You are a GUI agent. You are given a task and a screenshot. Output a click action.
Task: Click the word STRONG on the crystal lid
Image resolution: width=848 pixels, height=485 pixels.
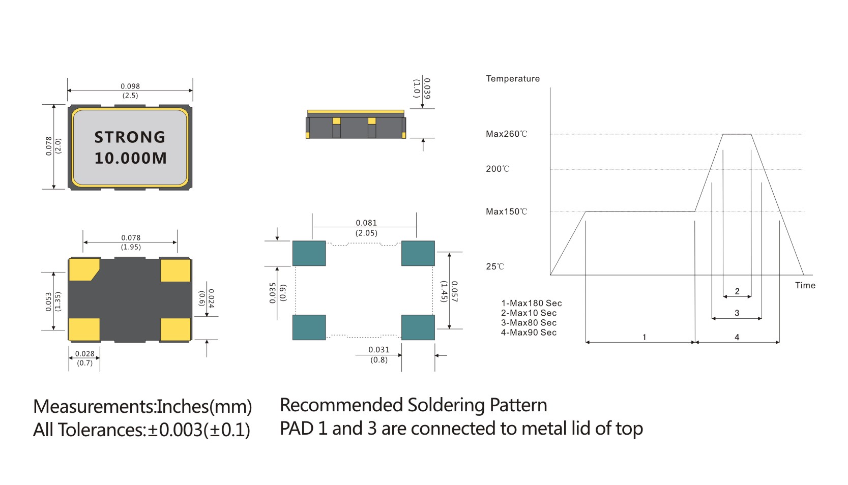tap(130, 137)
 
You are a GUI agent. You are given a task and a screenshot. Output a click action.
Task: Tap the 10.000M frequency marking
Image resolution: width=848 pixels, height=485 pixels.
tap(130, 158)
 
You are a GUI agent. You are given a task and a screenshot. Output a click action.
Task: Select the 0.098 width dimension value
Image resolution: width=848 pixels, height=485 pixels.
tap(130, 86)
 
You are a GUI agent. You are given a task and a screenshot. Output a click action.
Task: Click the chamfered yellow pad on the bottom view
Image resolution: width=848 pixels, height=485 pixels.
tap(83, 269)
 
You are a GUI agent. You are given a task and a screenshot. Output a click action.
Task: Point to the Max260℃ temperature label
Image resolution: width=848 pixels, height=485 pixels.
tap(506, 134)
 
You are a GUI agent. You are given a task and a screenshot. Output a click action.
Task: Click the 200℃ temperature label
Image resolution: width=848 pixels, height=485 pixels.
tap(497, 169)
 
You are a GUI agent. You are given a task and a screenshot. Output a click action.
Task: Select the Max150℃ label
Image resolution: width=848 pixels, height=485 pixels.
tap(506, 211)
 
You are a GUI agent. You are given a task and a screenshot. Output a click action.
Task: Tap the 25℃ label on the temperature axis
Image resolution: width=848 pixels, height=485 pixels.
tap(494, 266)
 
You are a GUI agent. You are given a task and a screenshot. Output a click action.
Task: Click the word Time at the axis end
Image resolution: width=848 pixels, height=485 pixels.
tap(805, 285)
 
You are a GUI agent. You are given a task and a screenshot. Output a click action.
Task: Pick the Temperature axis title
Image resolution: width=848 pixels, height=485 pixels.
tap(512, 79)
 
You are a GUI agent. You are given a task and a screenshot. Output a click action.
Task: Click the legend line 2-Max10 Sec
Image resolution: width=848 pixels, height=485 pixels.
tap(529, 313)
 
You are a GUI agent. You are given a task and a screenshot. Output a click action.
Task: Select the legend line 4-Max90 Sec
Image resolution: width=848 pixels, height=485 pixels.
tap(529, 332)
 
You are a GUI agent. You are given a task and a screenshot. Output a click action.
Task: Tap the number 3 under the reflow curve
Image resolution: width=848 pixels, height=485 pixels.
tap(737, 313)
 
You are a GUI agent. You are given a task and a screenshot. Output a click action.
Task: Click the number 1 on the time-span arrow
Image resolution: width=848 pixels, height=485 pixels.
tap(644, 337)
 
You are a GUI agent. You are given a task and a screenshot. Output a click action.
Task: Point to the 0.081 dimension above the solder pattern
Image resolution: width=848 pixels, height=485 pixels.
tap(366, 223)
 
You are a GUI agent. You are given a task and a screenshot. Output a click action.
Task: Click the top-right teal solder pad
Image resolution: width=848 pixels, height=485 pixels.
tap(418, 253)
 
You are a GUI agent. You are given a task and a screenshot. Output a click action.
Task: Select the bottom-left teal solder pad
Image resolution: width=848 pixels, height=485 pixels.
tap(309, 327)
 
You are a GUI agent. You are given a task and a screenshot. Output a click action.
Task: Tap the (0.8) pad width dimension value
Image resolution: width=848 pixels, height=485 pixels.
tap(379, 360)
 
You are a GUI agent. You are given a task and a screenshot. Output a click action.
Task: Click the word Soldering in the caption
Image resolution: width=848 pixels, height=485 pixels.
tap(446, 405)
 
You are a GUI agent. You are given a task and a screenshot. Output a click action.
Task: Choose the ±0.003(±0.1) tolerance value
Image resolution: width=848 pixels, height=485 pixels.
tap(199, 430)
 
